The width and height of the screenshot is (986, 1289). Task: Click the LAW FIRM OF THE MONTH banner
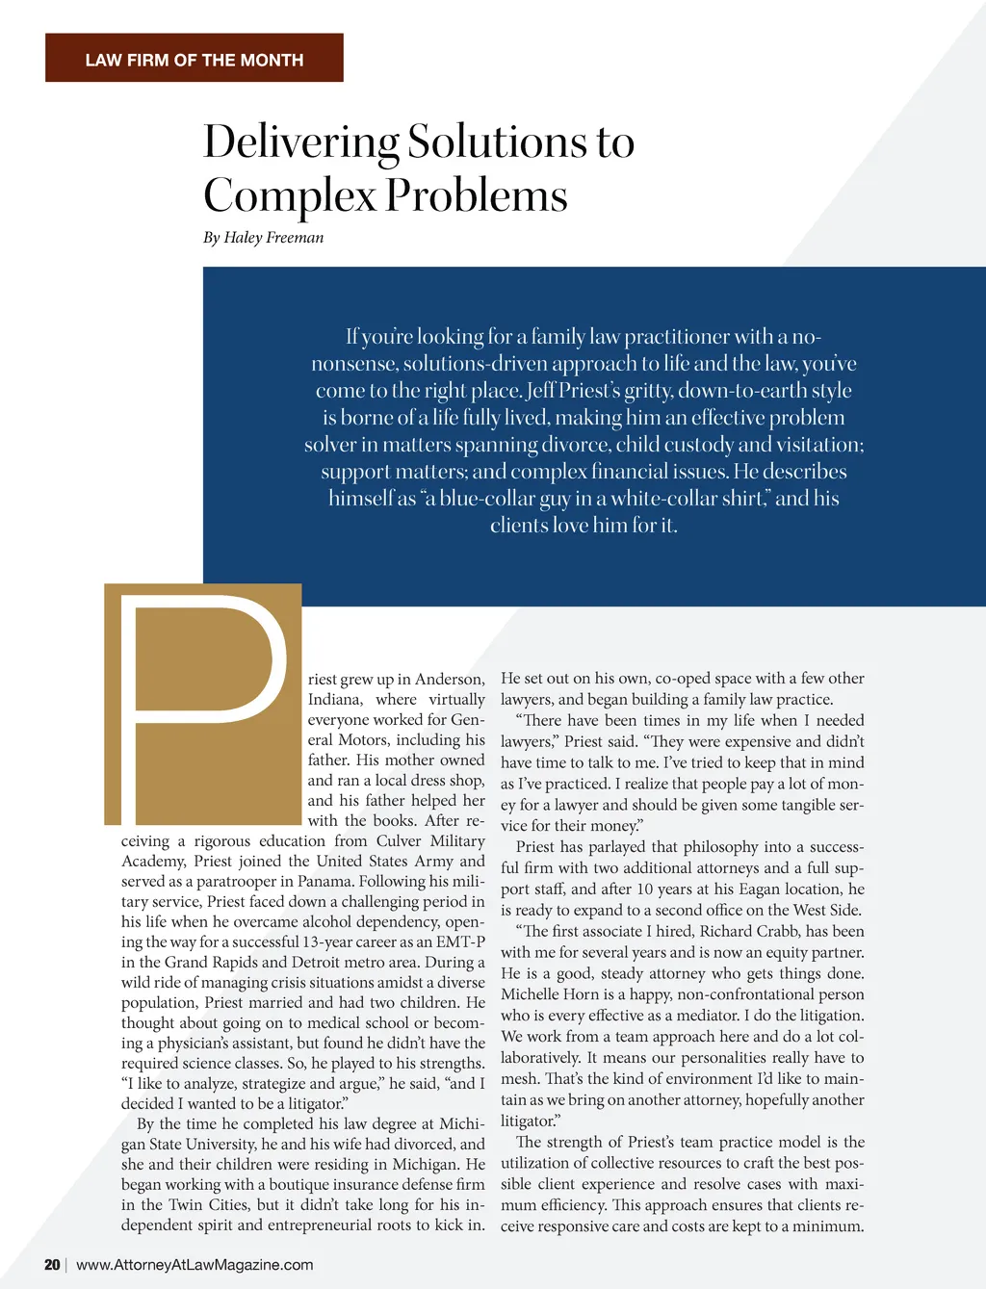(194, 60)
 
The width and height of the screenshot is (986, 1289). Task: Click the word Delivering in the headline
(300, 142)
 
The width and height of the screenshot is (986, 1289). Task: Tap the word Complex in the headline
(289, 196)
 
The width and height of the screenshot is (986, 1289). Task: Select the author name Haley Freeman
(273, 238)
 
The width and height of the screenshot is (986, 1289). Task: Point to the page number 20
(52, 1265)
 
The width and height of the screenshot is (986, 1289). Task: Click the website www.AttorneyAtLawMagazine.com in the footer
(195, 1265)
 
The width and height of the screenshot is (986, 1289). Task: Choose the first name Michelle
(531, 994)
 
